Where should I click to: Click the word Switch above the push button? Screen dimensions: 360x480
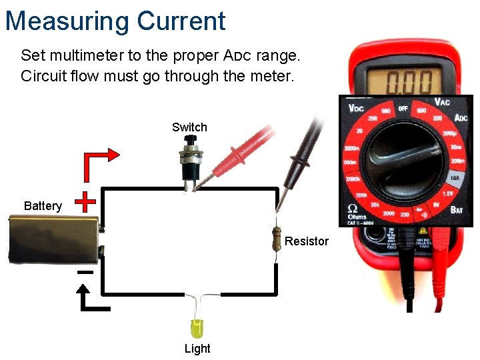pos(189,127)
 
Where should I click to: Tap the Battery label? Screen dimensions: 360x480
pos(43,205)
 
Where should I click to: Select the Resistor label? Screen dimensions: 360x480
pos(306,241)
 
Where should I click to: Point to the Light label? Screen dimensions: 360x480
pos(197,348)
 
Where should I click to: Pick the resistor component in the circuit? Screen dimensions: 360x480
pos(277,239)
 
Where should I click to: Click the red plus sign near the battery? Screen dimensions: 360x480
pos(86,201)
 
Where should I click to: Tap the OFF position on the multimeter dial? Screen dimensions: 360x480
pos(403,107)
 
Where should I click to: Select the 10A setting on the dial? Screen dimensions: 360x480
pos(455,179)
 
